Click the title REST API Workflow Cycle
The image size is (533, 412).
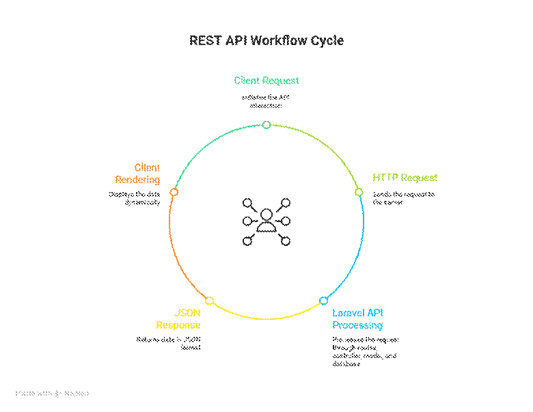pyautogui.click(x=266, y=41)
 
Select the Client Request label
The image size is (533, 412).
pyautogui.click(x=266, y=81)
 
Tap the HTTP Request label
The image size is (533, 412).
pyautogui.click(x=405, y=178)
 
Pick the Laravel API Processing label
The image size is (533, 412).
pyautogui.click(x=357, y=319)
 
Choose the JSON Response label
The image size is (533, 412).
pyautogui.click(x=178, y=319)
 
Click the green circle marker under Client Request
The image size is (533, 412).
pyautogui.click(x=266, y=124)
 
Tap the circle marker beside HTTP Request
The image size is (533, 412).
pyautogui.click(x=359, y=192)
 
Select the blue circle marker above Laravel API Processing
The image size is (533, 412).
pyautogui.click(x=324, y=301)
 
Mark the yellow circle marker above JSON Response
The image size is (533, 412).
pyautogui.click(x=209, y=301)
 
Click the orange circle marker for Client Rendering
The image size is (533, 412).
pyautogui.click(x=174, y=192)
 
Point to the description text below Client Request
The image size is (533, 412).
pyautogui.click(x=266, y=101)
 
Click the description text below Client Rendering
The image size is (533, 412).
pyautogui.click(x=135, y=198)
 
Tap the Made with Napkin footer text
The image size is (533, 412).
pyautogui.click(x=52, y=394)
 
